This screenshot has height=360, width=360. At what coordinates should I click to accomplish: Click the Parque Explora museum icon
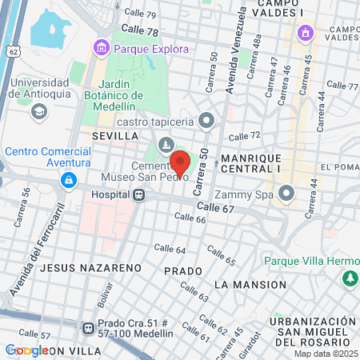102,48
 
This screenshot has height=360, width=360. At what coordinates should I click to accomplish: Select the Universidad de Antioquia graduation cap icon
38,110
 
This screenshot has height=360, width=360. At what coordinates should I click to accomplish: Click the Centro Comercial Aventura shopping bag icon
70,180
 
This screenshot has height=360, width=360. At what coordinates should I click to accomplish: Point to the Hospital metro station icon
138,194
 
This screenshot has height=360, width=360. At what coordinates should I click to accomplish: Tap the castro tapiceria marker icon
206,122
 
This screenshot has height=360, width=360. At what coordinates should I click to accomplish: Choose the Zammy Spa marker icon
287,194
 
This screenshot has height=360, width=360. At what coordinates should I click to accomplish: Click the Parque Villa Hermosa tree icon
349,277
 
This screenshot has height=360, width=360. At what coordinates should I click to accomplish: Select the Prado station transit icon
87,327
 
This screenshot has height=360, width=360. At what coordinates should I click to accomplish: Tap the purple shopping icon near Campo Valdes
304,33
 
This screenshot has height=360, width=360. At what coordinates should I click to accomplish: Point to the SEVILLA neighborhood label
115,136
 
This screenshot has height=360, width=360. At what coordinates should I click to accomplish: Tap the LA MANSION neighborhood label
250,285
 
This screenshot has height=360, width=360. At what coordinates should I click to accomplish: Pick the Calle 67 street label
215,208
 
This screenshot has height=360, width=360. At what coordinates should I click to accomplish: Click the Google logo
26,350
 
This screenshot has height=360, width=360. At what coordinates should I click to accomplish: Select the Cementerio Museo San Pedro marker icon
166,145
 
